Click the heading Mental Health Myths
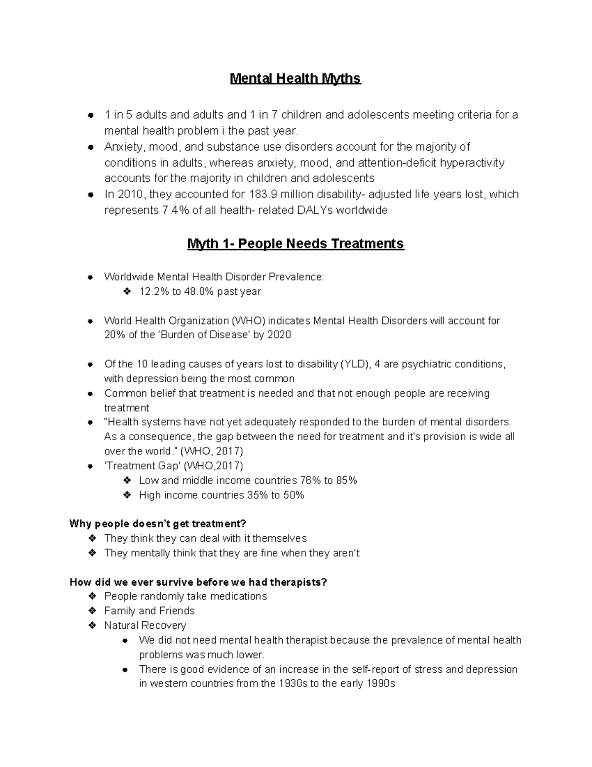[x=296, y=79]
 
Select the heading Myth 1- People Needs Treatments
[x=296, y=243]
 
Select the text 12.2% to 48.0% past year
[x=200, y=291]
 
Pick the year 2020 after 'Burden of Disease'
[x=279, y=335]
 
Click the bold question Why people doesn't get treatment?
[x=157, y=524]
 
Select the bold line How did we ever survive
[x=198, y=582]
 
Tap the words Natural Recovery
[x=145, y=625]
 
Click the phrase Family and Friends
[x=149, y=611]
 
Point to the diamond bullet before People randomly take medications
[x=92, y=596]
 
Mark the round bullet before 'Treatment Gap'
[x=90, y=466]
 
